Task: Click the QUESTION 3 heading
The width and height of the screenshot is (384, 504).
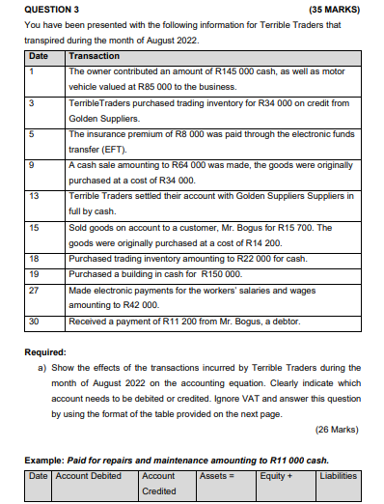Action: pos(51,9)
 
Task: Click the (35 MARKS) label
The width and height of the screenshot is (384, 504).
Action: pos(334,9)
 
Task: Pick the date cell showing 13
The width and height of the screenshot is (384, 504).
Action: pos(34,196)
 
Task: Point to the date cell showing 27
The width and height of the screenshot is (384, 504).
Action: pos(34,290)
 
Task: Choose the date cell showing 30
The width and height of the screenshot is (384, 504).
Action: pos(34,321)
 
